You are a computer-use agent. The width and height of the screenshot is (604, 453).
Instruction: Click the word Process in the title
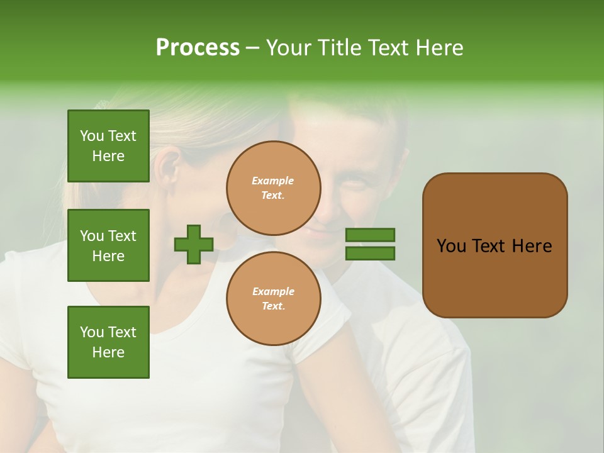pyautogui.click(x=198, y=48)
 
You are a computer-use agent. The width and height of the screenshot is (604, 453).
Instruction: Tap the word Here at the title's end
pyautogui.click(x=440, y=48)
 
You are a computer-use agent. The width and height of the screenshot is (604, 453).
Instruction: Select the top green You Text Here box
pyautogui.click(x=108, y=146)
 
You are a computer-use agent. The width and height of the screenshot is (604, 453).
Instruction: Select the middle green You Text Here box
pyautogui.click(x=108, y=245)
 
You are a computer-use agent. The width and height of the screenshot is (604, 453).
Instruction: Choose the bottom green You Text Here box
pyautogui.click(x=108, y=342)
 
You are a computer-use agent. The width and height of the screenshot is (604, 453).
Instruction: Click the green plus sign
pyautogui.click(x=194, y=244)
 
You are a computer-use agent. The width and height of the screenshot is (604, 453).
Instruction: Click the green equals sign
pyautogui.click(x=370, y=244)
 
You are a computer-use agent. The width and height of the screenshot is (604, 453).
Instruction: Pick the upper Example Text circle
pyautogui.click(x=274, y=188)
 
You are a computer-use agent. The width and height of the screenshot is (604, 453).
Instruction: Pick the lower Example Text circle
pyautogui.click(x=274, y=298)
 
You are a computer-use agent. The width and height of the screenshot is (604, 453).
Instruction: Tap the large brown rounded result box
pyautogui.click(x=495, y=245)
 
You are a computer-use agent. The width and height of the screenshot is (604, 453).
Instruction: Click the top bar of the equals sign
pyautogui.click(x=370, y=235)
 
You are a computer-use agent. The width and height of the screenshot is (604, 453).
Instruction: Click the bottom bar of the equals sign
pyautogui.click(x=370, y=253)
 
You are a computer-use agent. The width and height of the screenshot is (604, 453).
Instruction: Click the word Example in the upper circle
pyautogui.click(x=272, y=181)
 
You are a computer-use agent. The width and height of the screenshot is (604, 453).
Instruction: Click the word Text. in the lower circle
pyautogui.click(x=273, y=306)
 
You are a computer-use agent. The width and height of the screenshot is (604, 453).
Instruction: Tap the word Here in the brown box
pyautogui.click(x=532, y=246)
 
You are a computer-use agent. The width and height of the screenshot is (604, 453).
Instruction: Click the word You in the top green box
pyautogui.click(x=91, y=136)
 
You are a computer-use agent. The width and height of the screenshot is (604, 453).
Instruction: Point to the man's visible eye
pyautogui.click(x=355, y=184)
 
